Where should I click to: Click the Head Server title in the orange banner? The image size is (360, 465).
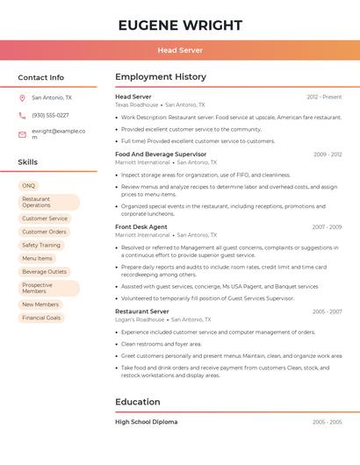(179, 50)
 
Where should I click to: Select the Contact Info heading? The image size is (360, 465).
(40, 77)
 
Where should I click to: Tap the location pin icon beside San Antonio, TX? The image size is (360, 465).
(22, 98)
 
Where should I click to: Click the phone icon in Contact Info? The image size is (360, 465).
(22, 115)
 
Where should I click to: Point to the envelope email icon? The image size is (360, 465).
(22, 134)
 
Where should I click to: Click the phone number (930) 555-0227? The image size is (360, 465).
(50, 115)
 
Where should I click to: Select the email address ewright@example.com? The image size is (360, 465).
(58, 133)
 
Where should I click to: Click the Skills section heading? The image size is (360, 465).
(27, 162)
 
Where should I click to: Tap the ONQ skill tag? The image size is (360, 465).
(29, 186)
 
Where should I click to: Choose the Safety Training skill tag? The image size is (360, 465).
(41, 246)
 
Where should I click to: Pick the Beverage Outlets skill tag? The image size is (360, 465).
(44, 272)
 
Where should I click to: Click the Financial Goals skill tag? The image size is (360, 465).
(41, 318)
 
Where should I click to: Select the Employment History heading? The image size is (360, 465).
(161, 77)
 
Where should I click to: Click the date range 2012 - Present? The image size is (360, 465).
(324, 97)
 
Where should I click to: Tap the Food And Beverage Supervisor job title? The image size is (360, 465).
(161, 154)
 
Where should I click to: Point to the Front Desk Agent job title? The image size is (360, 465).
(140, 226)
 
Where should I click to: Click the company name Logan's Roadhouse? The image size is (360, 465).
(140, 319)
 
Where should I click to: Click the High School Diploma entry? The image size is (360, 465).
(146, 422)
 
